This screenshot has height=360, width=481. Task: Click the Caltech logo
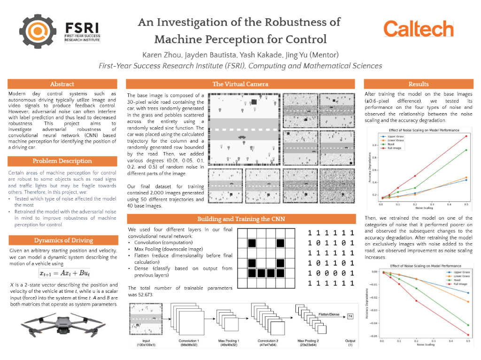tap(419, 29)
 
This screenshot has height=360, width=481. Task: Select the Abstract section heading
tap(62, 84)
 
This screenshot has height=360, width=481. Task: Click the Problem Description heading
tap(62, 161)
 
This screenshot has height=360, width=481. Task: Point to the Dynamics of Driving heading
tap(62, 240)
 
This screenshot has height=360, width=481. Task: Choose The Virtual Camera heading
tap(240, 84)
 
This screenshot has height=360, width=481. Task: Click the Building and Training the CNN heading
tap(240, 219)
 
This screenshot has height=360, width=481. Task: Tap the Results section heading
tap(419, 84)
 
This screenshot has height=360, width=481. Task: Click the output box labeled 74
tap(350, 317)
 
